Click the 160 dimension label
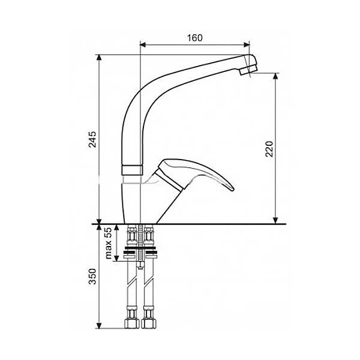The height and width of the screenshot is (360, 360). click(194, 38)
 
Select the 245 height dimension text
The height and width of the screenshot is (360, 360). click(92, 139)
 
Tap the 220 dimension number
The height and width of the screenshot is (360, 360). click(269, 149)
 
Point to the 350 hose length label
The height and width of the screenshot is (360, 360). click(92, 277)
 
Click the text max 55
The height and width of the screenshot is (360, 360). click(108, 243)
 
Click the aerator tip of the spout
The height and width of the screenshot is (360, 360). click(248, 70)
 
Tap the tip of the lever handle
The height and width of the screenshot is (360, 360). click(232, 189)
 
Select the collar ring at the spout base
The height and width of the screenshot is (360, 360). click(132, 170)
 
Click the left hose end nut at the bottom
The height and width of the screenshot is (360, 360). click(132, 324)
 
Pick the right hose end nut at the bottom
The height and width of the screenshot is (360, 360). click(149, 324)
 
